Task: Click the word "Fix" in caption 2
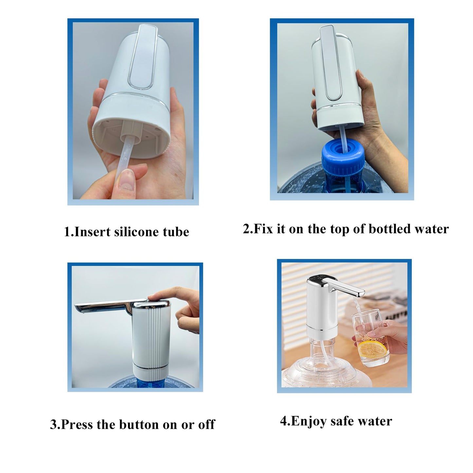tap(264, 229)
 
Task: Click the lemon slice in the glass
tap(372, 349)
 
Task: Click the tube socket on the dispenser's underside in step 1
tap(131, 131)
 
